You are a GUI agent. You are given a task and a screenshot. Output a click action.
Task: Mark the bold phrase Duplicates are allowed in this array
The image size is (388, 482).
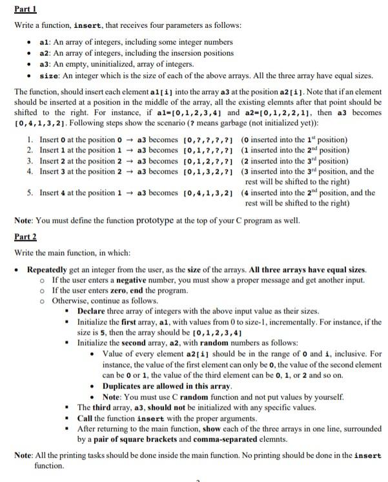click(159, 386)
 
